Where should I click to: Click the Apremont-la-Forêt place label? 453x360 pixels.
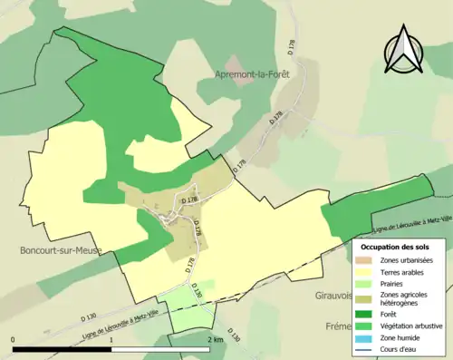(x=253, y=74)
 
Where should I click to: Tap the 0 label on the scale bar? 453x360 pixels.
(x=14, y=340)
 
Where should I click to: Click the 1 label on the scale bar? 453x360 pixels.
(x=111, y=340)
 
